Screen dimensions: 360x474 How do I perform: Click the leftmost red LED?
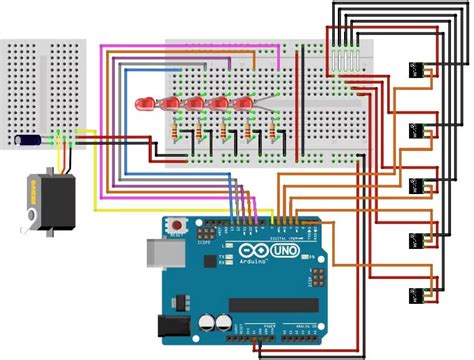148,103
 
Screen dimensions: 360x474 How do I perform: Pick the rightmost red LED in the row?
245,104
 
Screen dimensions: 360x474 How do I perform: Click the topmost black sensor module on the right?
417,72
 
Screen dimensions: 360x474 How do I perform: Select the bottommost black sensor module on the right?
417,294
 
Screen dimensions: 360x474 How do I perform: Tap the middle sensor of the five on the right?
417,184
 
